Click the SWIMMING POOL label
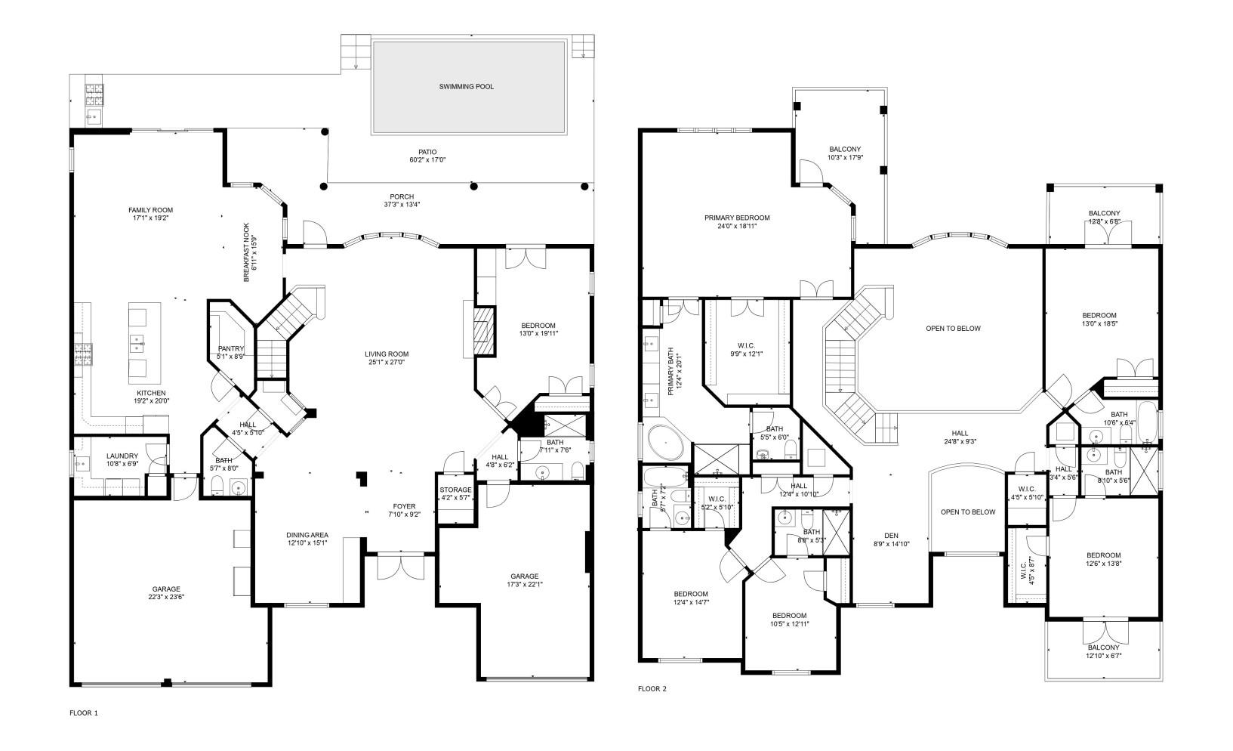466,87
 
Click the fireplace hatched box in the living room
481,331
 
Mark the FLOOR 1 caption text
84,712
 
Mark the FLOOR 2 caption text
652,688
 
